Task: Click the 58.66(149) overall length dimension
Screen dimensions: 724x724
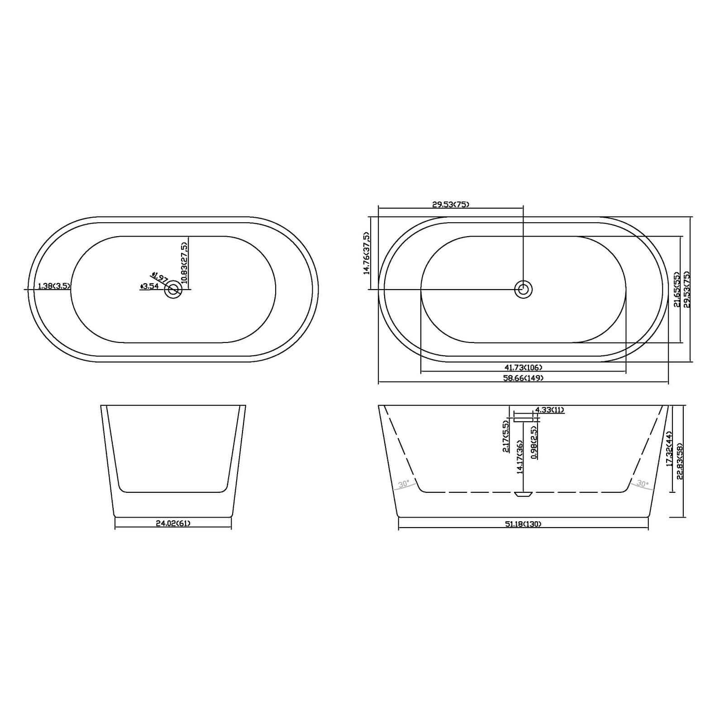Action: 523,378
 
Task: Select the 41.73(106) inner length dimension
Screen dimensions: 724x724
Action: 523,367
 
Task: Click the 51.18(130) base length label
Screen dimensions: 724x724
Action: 523,524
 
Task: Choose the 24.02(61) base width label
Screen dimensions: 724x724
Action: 173,524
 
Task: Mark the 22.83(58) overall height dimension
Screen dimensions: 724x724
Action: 680,461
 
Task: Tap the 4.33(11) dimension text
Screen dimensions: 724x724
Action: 549,410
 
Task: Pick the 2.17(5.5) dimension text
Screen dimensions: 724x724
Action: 505,436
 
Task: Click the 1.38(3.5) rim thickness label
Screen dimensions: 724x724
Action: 53,286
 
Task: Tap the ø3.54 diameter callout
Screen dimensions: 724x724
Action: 150,286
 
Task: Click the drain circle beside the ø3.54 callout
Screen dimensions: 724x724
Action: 173,289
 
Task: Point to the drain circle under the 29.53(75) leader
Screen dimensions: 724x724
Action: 524,289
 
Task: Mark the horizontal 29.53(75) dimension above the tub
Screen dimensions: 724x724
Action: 451,205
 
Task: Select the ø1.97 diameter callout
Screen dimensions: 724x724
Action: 160,277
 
